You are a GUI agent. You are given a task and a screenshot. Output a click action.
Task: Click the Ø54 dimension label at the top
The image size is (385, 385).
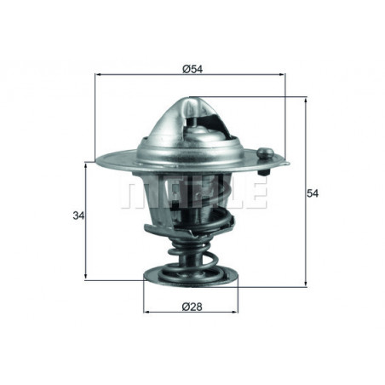[191, 67]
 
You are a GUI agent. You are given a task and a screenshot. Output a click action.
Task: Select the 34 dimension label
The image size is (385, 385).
[78, 216]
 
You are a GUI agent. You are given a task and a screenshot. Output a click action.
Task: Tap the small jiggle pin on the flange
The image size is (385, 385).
[265, 155]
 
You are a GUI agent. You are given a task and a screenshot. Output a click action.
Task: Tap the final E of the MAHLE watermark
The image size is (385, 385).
[256, 193]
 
